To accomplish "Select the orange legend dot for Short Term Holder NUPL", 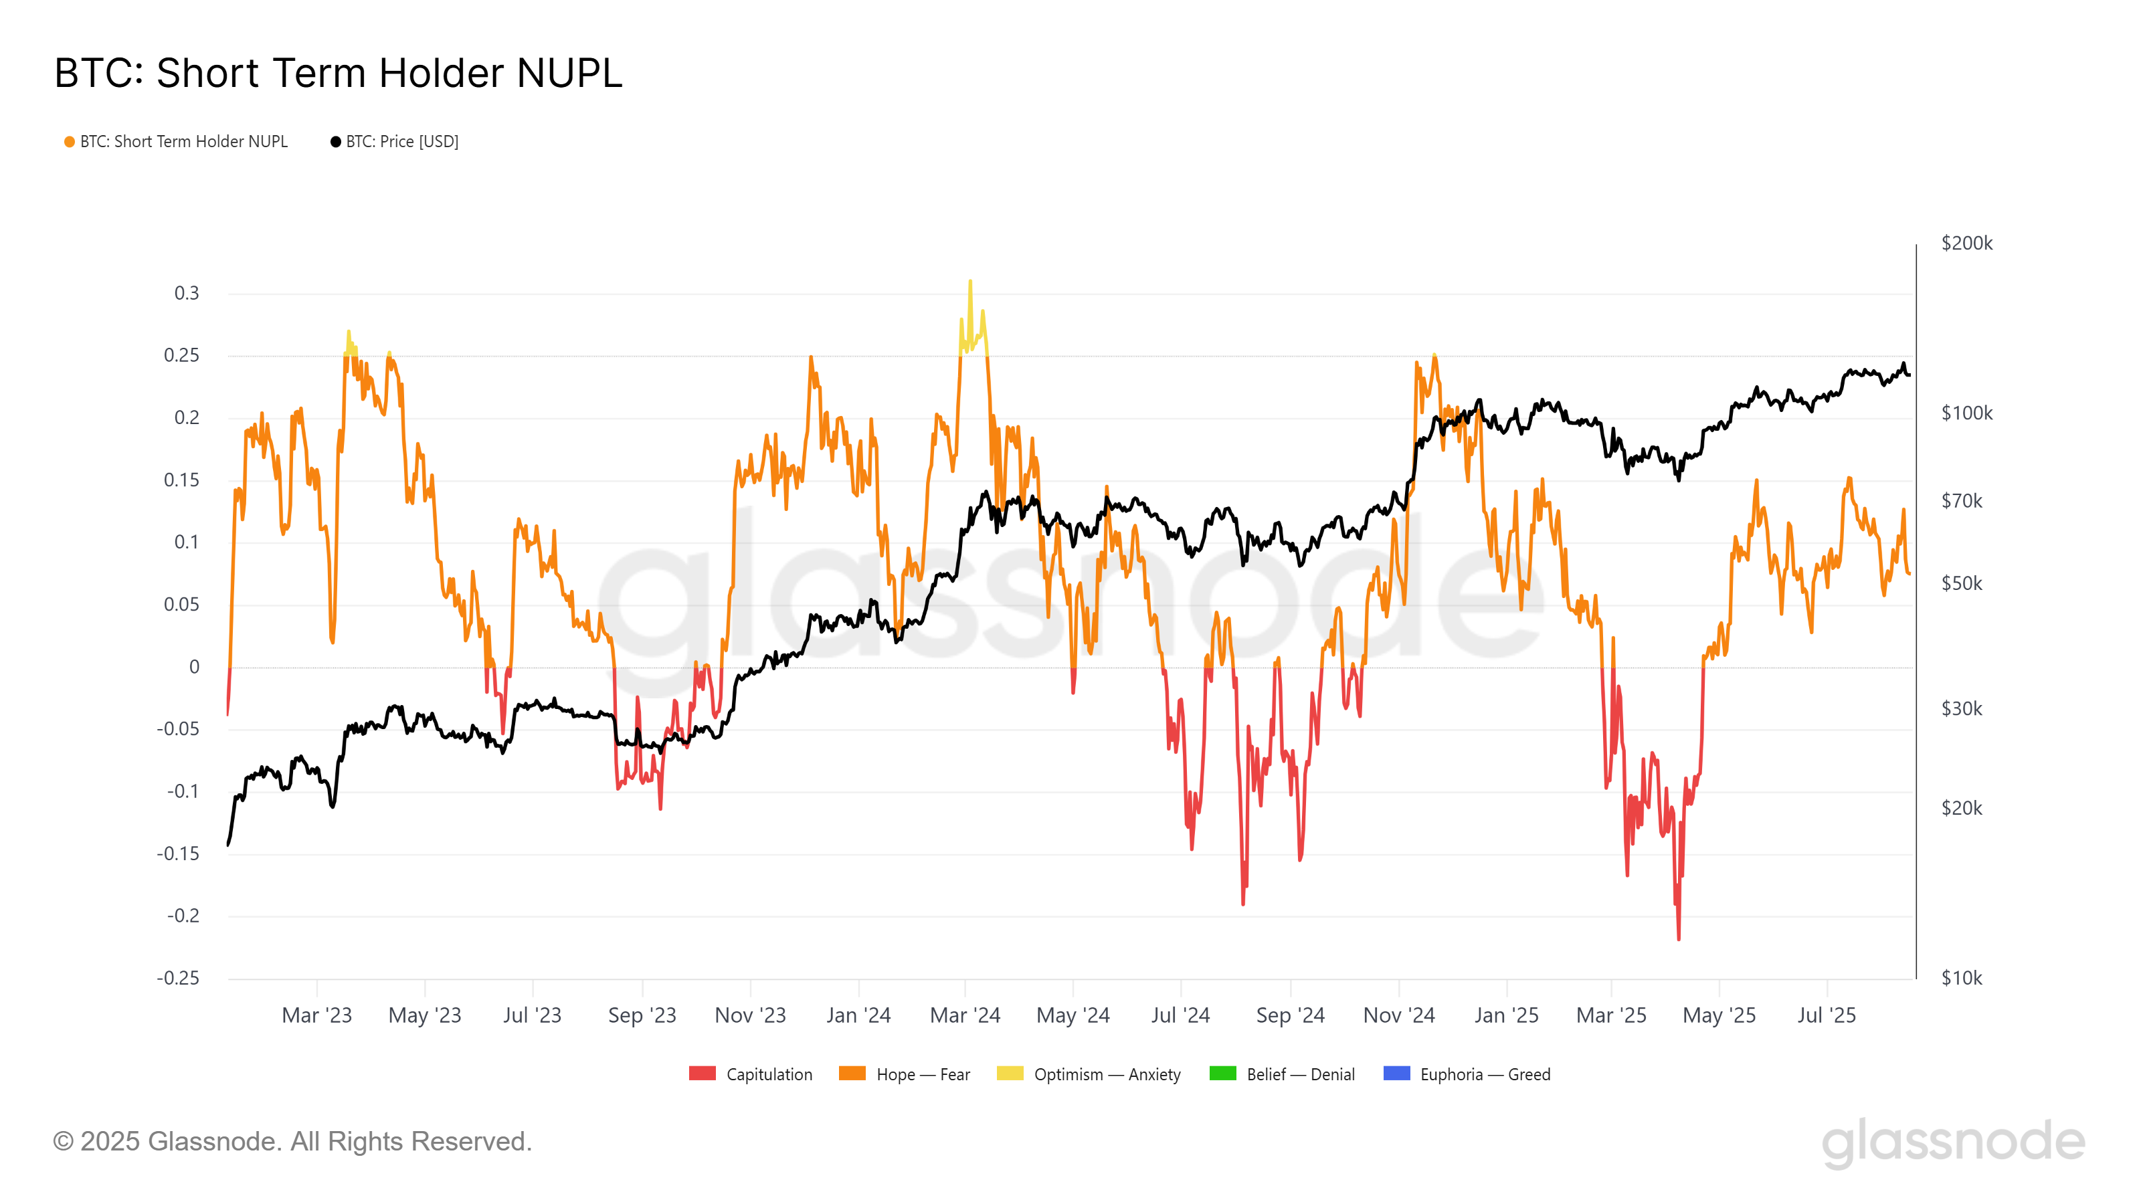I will pyautogui.click(x=70, y=142).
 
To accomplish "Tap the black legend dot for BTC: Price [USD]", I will pyautogui.click(x=336, y=142).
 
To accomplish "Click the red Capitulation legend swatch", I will pyautogui.click(x=703, y=1074).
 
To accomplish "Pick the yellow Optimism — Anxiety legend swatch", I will pyautogui.click(x=1010, y=1074).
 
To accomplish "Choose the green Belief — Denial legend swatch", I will pyautogui.click(x=1222, y=1074).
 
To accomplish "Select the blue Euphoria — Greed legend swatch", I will pyautogui.click(x=1396, y=1074).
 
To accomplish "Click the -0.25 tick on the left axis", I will pyautogui.click(x=178, y=978).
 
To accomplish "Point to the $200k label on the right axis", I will pyautogui.click(x=1966, y=243).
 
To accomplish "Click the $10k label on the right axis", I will pyautogui.click(x=1962, y=978).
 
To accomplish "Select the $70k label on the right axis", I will pyautogui.click(x=1962, y=501).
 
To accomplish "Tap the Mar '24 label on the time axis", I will pyautogui.click(x=965, y=1015).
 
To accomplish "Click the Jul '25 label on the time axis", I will pyautogui.click(x=1826, y=1015).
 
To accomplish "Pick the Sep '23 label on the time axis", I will pyautogui.click(x=642, y=1015).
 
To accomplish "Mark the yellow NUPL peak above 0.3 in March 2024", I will pyautogui.click(x=970, y=282).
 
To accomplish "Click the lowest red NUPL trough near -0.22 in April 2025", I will pyautogui.click(x=1678, y=938).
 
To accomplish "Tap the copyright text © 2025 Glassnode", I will pyautogui.click(x=292, y=1142).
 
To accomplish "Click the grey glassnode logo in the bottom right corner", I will pyautogui.click(x=1953, y=1142).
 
